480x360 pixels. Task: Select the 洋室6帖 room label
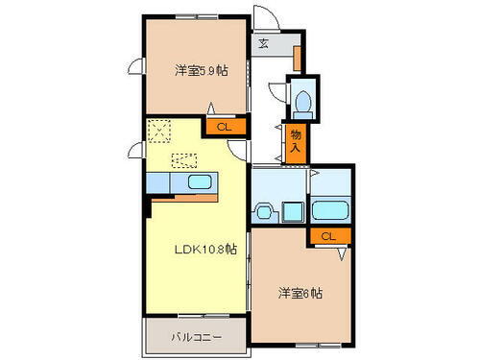301,293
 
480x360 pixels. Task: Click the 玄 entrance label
263,43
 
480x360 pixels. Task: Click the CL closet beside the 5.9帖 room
223,126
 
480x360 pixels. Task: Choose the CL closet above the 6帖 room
328,236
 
